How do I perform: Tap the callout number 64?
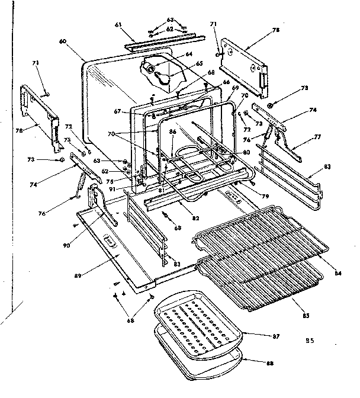pyautogui.click(x=189, y=54)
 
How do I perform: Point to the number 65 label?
pyautogui.click(x=200, y=64)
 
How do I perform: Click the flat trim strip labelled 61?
pyautogui.click(x=160, y=40)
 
